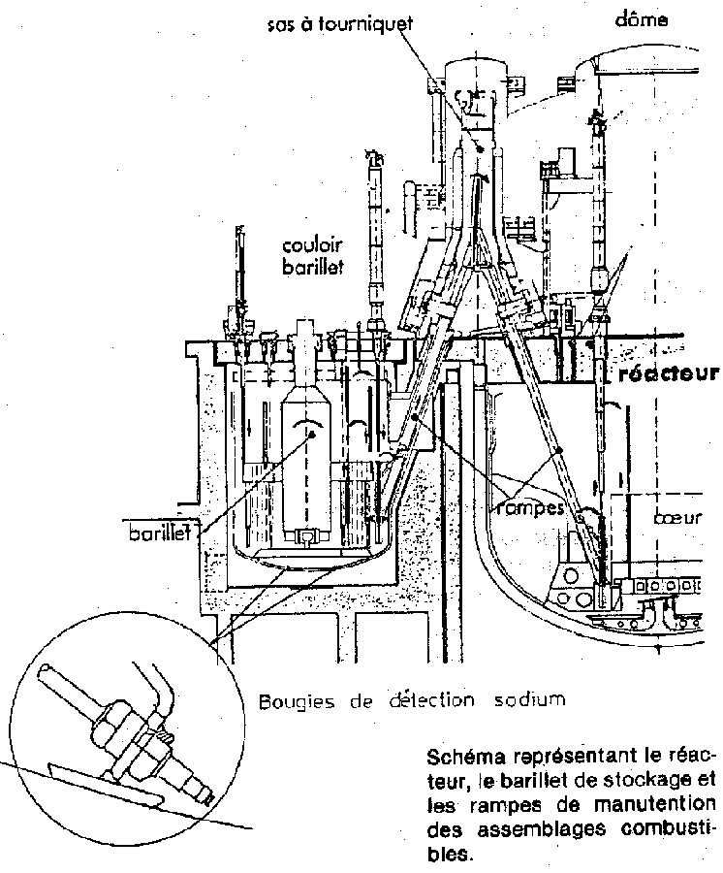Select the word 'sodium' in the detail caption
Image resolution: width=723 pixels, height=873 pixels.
click(x=530, y=701)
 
